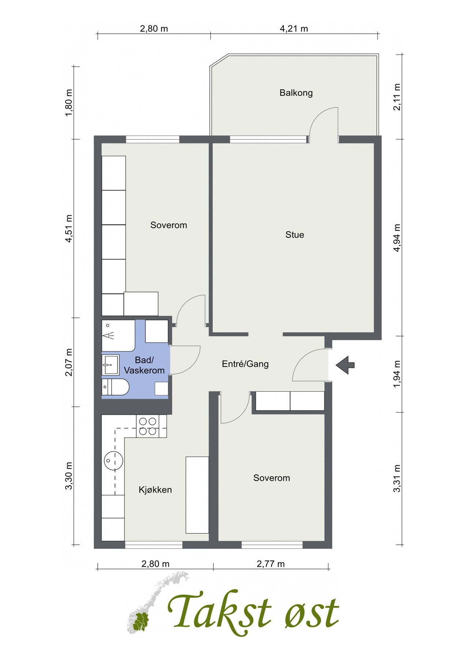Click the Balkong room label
[296, 93]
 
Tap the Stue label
[295, 235]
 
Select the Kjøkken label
[155, 490]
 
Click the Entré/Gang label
[245, 364]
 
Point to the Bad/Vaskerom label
[144, 365]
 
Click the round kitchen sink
[113, 460]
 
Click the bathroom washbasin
[111, 365]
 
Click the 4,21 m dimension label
[294, 29]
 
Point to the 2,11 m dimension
[397, 97]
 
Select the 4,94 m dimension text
[397, 238]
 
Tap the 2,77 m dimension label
[271, 564]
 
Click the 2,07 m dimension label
[69, 362]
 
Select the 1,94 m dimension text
[397, 374]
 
